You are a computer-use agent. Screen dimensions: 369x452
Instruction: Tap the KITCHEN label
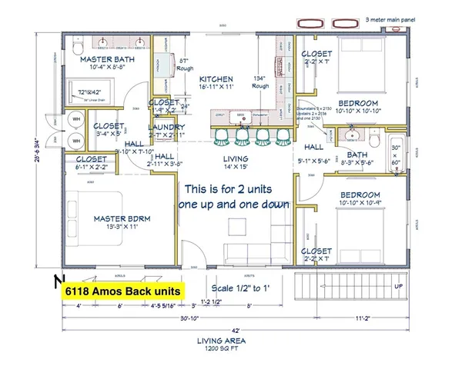[216, 80]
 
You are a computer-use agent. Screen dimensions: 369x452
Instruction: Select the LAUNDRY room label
[166, 127]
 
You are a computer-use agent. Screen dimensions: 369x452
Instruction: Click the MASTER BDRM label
[121, 218]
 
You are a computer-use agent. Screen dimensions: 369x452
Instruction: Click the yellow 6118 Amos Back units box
[122, 291]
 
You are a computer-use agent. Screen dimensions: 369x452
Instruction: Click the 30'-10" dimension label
[156, 317]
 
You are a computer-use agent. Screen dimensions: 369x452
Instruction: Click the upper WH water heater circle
[75, 119]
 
